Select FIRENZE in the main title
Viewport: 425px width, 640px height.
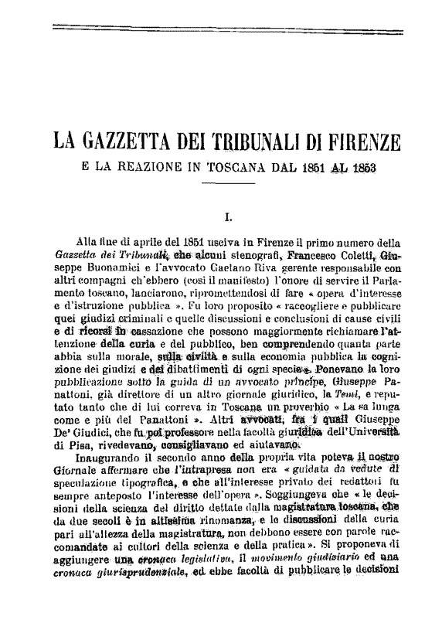pyautogui.click(x=363, y=144)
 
